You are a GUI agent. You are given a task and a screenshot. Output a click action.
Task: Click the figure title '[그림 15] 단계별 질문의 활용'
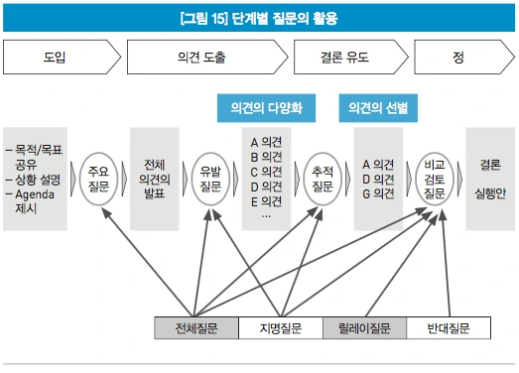click(x=258, y=18)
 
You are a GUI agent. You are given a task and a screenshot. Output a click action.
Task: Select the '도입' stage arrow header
click(x=55, y=58)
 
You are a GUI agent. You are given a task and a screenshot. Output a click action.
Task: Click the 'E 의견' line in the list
click(x=267, y=200)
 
